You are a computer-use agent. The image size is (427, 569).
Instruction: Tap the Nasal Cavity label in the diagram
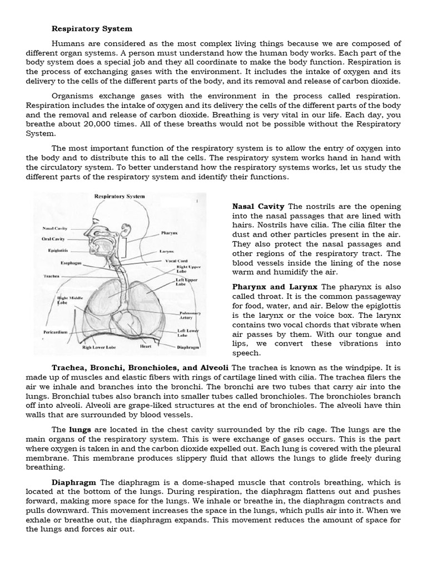[x=55, y=228]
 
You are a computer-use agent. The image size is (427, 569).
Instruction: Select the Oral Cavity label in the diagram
[x=54, y=239]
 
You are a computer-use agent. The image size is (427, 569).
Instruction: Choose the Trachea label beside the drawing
[x=52, y=276]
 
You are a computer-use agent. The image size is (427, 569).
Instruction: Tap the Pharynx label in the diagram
[x=169, y=233]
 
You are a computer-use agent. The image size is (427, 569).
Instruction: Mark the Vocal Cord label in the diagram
[x=176, y=261]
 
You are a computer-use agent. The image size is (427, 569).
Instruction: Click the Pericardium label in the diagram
[x=56, y=332]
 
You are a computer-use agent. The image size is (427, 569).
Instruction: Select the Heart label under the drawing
[x=146, y=346]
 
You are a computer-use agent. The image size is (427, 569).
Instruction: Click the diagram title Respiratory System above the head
[x=120, y=196]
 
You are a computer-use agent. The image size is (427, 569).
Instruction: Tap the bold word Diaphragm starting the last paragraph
[x=74, y=482]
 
